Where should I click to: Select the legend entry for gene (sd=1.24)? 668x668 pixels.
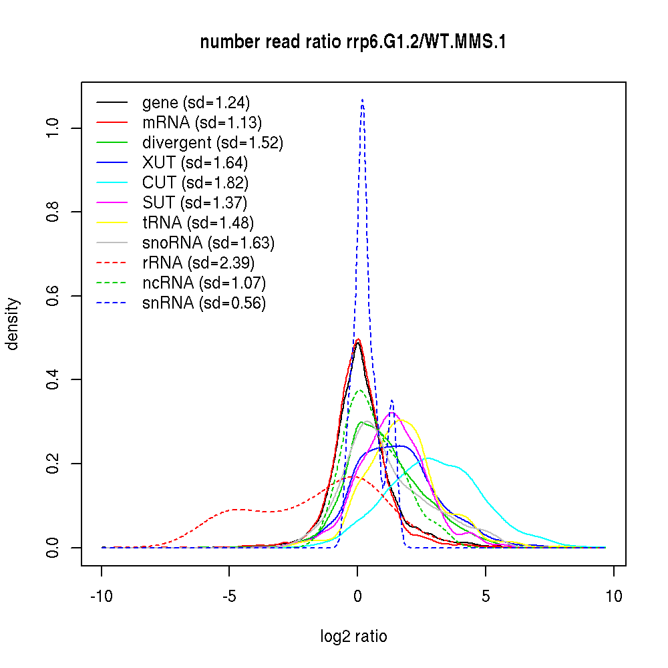pyautogui.click(x=196, y=103)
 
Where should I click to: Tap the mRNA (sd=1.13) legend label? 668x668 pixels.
pyautogui.click(x=202, y=123)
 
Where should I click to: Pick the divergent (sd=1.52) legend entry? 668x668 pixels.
pyautogui.click(x=212, y=143)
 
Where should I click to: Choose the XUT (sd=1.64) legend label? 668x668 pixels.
pyautogui.click(x=195, y=163)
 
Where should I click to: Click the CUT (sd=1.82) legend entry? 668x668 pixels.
pyautogui.click(x=195, y=183)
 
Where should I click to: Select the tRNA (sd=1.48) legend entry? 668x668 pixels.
pyautogui.click(x=198, y=223)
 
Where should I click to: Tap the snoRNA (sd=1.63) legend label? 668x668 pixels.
pyautogui.click(x=208, y=243)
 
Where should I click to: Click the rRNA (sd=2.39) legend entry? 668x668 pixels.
pyautogui.click(x=198, y=263)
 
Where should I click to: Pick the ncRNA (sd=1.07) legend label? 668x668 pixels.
pyautogui.click(x=204, y=283)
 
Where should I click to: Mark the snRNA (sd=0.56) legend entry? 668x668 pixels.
pyautogui.click(x=204, y=303)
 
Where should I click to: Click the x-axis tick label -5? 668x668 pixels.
pyautogui.click(x=229, y=596)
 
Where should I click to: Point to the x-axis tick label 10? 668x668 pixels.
pyautogui.click(x=613, y=596)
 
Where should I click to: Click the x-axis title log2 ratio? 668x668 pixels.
pyautogui.click(x=353, y=637)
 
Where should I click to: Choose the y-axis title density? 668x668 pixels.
pyautogui.click(x=13, y=323)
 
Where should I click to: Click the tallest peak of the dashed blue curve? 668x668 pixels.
pyautogui.click(x=362, y=100)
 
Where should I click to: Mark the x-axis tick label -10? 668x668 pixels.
pyautogui.click(x=102, y=596)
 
